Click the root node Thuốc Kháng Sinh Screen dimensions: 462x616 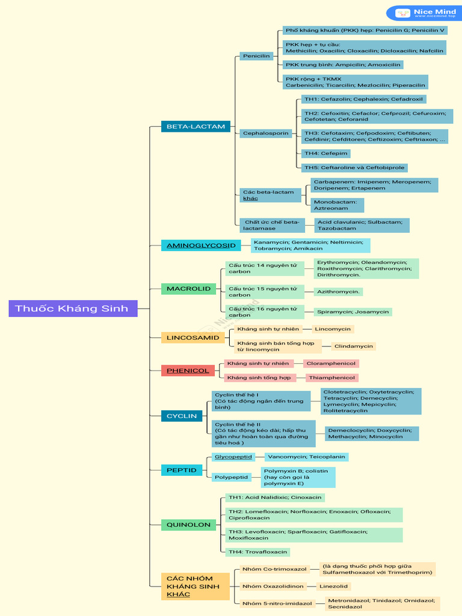click(73, 309)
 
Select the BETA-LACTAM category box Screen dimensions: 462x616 click(196, 126)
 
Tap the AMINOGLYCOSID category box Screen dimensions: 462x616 click(201, 245)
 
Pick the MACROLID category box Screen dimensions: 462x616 click(188, 289)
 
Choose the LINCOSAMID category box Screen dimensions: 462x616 click(192, 337)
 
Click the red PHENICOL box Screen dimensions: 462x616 click(188, 371)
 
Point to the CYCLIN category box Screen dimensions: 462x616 click(182, 416)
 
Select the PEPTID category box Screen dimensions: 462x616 click(182, 470)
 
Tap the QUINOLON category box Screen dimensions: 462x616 click(188, 525)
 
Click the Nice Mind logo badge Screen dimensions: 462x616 click(423, 13)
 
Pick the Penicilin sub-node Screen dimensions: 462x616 click(256, 56)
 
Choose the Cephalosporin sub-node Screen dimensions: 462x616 click(265, 133)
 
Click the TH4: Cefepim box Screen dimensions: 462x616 click(325, 153)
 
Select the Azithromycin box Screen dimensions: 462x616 click(338, 292)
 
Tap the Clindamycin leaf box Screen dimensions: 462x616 click(354, 346)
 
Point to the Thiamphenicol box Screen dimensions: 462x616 click(332, 378)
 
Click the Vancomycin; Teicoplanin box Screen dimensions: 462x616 click(306, 457)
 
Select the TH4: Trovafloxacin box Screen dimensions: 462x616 click(257, 552)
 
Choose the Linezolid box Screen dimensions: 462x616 click(333, 587)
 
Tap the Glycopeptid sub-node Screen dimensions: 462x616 click(233, 457)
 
